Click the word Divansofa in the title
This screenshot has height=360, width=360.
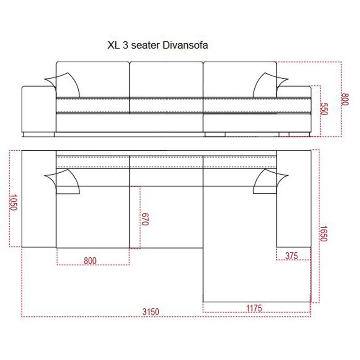[185, 45]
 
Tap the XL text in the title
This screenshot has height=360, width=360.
[114, 45]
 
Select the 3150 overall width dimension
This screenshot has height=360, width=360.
[151, 312]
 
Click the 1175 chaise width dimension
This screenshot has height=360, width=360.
[254, 308]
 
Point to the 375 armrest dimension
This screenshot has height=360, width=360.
[291, 256]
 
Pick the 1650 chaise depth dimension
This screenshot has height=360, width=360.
[323, 234]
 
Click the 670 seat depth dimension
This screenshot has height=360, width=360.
[145, 219]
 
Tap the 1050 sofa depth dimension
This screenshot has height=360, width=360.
[13, 202]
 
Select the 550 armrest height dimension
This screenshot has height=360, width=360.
[324, 109]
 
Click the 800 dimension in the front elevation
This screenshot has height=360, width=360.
[345, 99]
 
